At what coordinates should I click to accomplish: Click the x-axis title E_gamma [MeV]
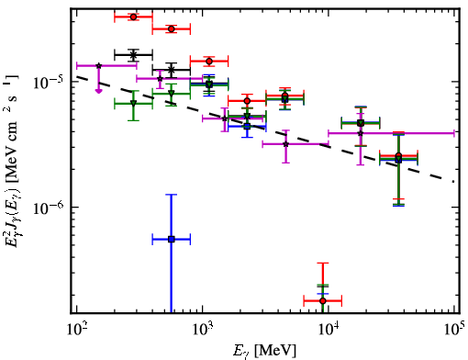(264, 351)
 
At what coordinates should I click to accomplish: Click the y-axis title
(13, 160)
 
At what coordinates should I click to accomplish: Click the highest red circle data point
(133, 17)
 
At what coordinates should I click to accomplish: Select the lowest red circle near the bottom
(323, 301)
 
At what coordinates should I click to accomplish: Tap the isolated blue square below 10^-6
(172, 239)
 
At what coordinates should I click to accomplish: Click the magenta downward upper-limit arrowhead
(98, 91)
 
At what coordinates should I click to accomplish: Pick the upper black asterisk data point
(133, 55)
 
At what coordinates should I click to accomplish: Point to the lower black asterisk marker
(172, 70)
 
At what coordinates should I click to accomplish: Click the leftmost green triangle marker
(133, 103)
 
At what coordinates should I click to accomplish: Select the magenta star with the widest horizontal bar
(361, 133)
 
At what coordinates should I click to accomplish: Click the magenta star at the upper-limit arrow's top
(98, 65)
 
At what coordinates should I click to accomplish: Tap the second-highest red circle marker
(172, 29)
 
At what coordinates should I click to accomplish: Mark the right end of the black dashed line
(454, 182)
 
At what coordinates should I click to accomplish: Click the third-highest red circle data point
(209, 62)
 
